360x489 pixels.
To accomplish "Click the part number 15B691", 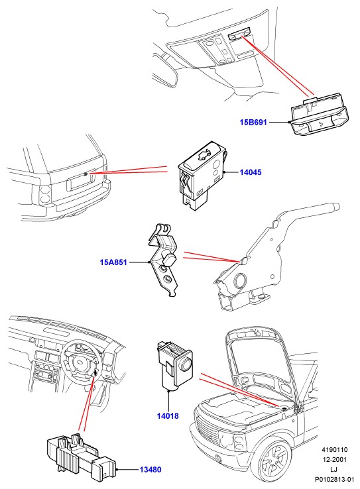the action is [253, 122].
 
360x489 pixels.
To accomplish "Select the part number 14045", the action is [251, 172].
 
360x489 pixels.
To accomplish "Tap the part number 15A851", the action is [113, 262].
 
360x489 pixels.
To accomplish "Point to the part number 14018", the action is [168, 415].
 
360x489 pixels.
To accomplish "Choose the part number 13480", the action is [150, 469].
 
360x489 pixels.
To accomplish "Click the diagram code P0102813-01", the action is [334, 479].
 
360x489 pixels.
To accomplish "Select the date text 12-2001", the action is [334, 459].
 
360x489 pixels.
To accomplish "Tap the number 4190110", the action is [334, 450].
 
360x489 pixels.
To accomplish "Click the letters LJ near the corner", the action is [333, 469].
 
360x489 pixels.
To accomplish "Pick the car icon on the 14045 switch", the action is [205, 154].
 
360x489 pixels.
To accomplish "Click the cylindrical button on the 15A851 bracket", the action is [170, 259].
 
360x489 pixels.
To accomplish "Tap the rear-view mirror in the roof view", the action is [165, 68].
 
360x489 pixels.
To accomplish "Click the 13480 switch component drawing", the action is [81, 453].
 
